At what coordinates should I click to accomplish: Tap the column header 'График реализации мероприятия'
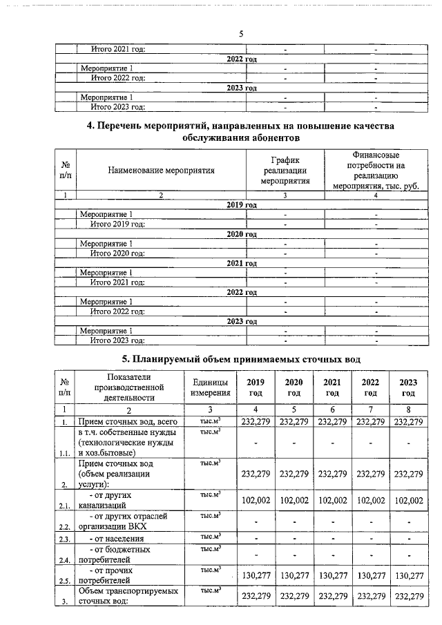(x=285, y=170)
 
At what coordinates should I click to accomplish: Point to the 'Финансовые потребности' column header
(x=376, y=170)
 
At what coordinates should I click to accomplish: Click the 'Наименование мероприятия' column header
(x=161, y=170)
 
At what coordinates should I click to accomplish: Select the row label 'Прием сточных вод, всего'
(x=128, y=421)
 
